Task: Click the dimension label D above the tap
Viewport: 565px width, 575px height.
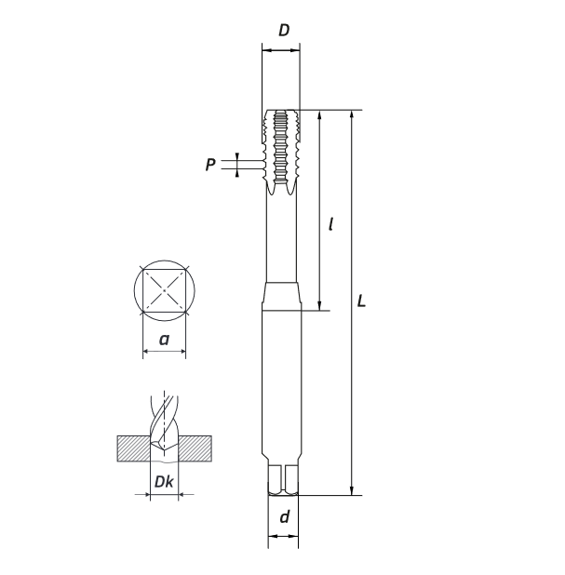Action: click(x=284, y=30)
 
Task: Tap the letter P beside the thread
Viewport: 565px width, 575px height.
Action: click(x=210, y=165)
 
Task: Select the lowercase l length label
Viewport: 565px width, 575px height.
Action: click(x=331, y=223)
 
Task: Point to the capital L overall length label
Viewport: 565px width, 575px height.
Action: click(x=361, y=301)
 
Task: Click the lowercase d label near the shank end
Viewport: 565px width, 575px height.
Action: click(x=284, y=516)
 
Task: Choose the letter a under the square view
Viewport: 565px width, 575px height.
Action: click(x=164, y=340)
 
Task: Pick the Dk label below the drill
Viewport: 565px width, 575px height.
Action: click(x=164, y=481)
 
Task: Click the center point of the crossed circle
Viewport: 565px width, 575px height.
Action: click(x=164, y=290)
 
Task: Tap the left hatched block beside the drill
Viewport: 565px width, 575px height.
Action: click(x=133, y=448)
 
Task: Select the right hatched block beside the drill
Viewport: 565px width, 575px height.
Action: click(x=195, y=448)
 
